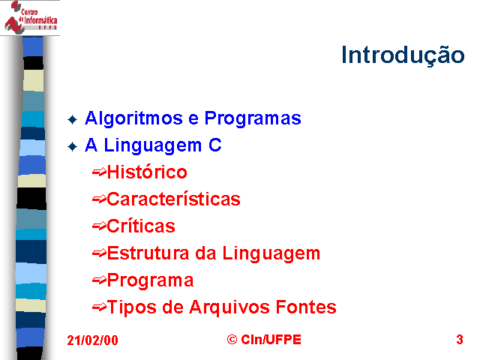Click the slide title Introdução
click(x=403, y=55)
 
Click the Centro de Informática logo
click(x=30, y=17)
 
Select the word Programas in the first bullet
click(x=253, y=118)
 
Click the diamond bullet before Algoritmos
click(x=72, y=119)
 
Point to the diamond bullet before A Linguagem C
click(x=72, y=146)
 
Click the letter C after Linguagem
click(x=215, y=145)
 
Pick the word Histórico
click(x=147, y=172)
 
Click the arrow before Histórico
click(x=99, y=172)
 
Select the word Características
click(x=173, y=199)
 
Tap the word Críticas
click(x=141, y=226)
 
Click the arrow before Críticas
click(x=99, y=226)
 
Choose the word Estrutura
click(x=148, y=253)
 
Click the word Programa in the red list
click(x=150, y=280)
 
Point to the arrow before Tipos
click(x=99, y=307)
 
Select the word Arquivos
click(x=229, y=307)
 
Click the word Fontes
click(x=306, y=307)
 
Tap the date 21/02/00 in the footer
click(x=92, y=340)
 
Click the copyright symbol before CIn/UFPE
click(x=232, y=340)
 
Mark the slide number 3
click(x=460, y=340)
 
